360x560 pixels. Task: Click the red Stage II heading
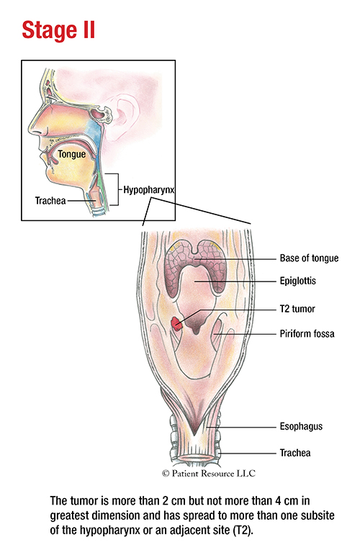(58, 30)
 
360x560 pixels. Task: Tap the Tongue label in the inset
(72, 154)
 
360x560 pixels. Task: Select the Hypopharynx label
(148, 189)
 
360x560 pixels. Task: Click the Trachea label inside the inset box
(50, 200)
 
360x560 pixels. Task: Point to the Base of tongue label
(309, 258)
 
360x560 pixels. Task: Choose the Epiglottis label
(298, 281)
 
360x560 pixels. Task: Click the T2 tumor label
(297, 309)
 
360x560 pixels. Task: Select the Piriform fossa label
(307, 334)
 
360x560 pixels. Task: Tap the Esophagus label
(301, 426)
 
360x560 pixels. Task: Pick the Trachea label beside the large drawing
(295, 453)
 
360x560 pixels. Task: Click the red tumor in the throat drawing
(176, 323)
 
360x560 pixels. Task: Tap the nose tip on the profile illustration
(31, 131)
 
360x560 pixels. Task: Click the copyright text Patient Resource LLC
(209, 474)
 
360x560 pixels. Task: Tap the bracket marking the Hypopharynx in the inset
(118, 189)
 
